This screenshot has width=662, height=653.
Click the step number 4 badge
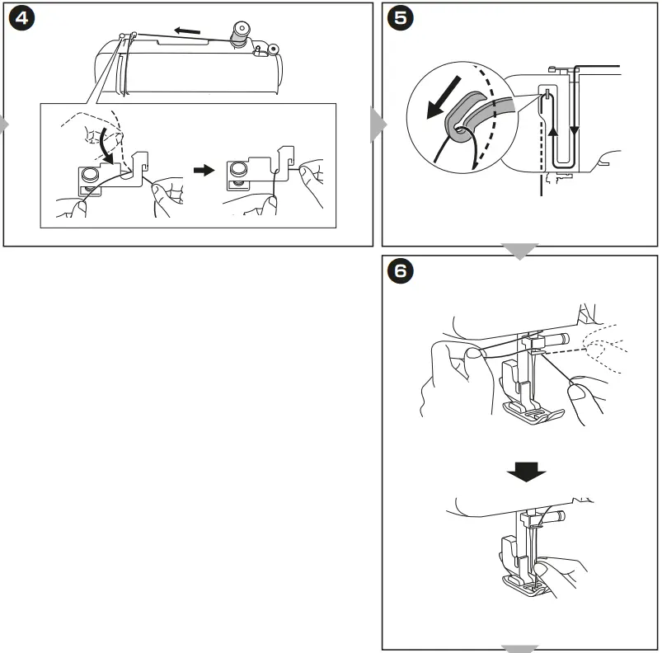tap(21, 18)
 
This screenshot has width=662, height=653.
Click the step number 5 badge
tap(400, 18)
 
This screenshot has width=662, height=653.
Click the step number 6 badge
tap(400, 270)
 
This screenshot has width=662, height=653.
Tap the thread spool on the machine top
tap(240, 35)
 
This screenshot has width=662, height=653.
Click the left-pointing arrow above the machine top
tap(187, 31)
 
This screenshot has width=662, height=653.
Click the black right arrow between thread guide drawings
tap(204, 171)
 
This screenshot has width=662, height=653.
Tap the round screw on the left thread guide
tap(90, 173)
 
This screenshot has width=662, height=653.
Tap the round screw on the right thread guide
tap(237, 167)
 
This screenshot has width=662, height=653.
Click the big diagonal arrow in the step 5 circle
tap(444, 97)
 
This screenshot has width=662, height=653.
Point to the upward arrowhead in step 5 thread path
tap(552, 131)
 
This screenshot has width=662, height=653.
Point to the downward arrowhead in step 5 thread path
tap(574, 130)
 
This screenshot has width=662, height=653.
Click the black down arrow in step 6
tap(527, 472)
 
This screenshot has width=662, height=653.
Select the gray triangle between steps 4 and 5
tap(378, 124)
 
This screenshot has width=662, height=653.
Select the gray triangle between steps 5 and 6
tap(519, 251)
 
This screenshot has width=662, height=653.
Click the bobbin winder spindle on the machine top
tap(273, 49)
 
